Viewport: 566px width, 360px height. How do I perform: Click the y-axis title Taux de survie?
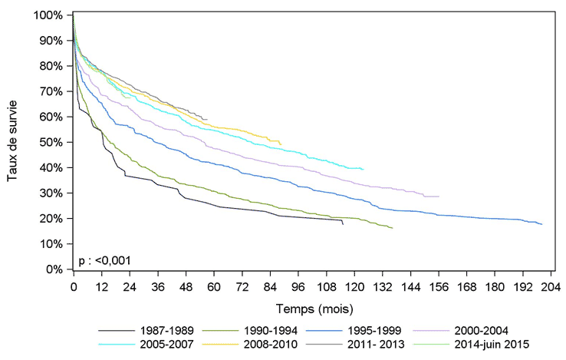pos(13,143)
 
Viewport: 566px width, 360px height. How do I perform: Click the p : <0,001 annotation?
pos(104,260)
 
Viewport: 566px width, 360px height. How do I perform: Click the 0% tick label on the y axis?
pos(54,269)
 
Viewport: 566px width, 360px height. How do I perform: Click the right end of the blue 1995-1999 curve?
pos(541,224)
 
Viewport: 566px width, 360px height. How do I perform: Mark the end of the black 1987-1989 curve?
pos(342,223)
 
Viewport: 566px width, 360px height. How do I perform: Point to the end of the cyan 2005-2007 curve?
pos(364,169)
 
